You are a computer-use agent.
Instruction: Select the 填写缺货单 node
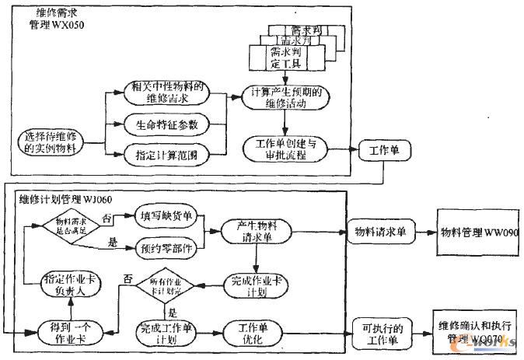[x=166, y=214]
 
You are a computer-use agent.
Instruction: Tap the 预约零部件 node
[x=166, y=251]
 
